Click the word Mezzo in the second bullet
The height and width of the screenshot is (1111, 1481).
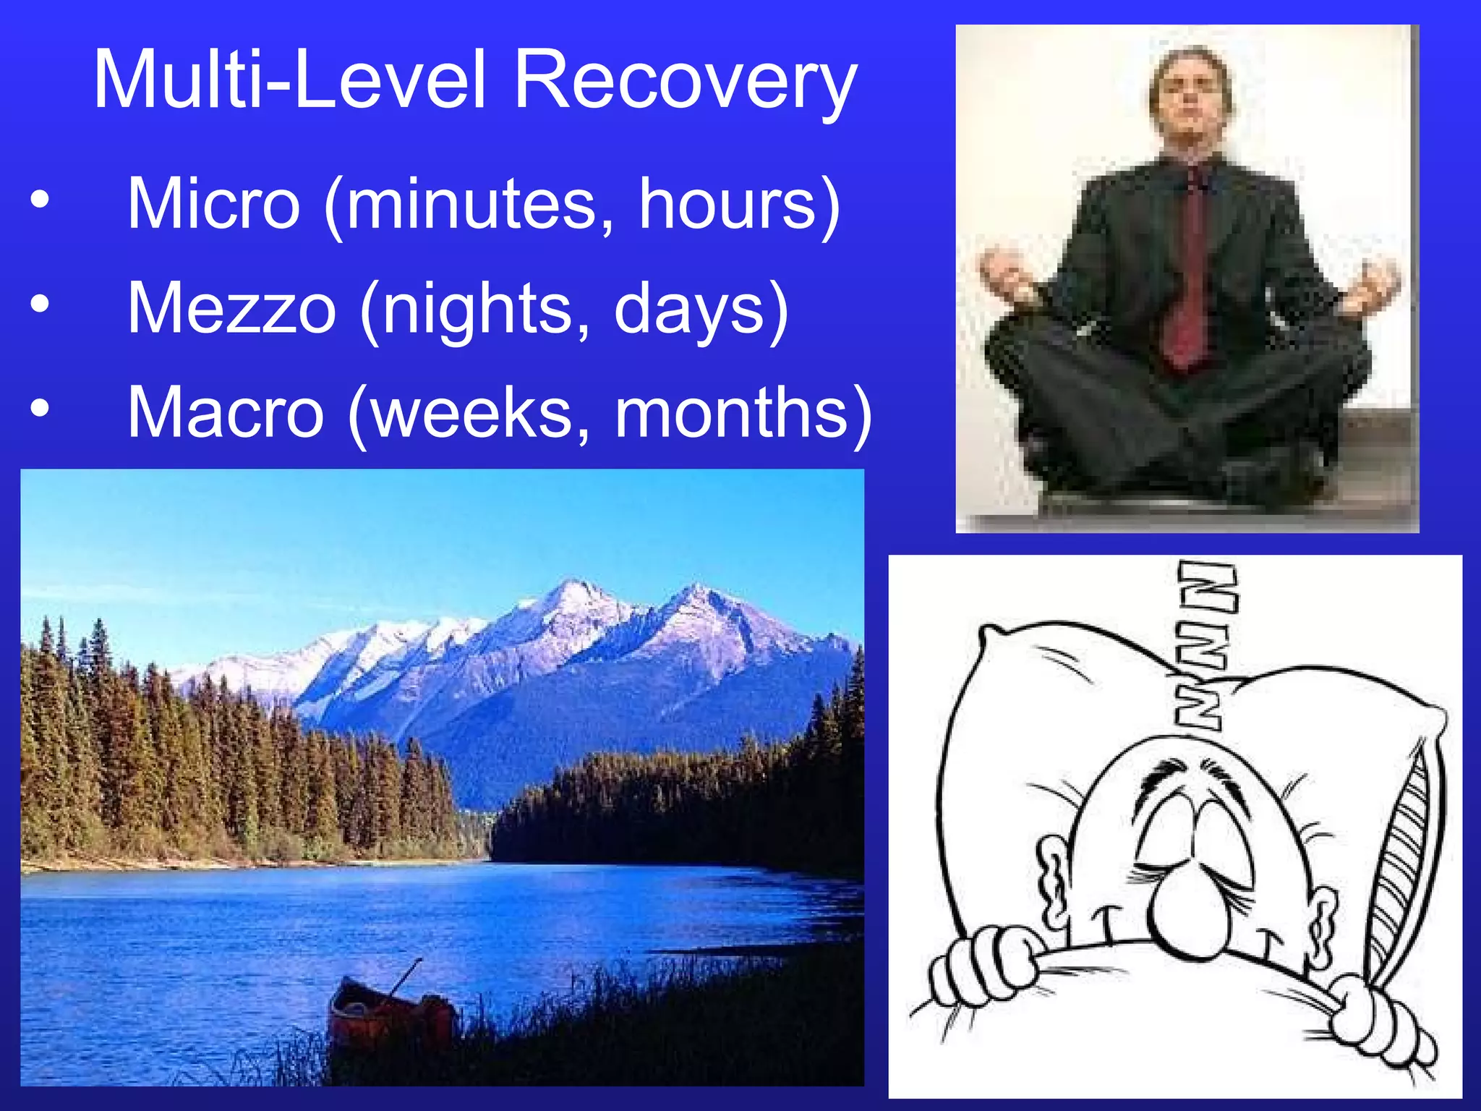(231, 309)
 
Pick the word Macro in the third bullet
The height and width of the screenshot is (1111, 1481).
(225, 412)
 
